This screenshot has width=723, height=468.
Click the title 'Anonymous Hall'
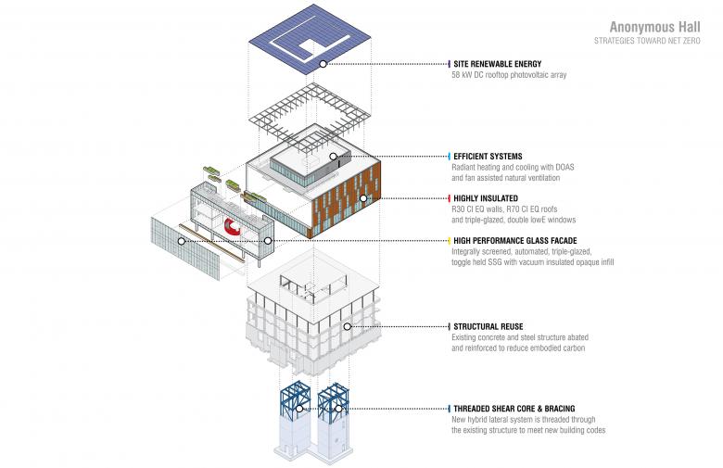659,27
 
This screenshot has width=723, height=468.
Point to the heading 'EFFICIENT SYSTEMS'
488,156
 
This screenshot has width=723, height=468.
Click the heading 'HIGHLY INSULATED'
485,198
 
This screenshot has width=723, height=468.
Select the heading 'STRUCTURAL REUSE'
488,326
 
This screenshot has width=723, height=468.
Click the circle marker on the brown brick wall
364,198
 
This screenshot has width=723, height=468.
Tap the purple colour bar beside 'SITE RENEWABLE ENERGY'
449,64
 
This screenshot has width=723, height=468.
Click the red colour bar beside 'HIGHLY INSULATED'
449,198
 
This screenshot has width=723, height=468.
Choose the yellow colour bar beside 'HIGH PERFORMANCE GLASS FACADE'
449,240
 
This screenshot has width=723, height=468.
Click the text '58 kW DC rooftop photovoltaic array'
509,75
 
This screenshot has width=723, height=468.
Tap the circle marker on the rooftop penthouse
333,157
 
